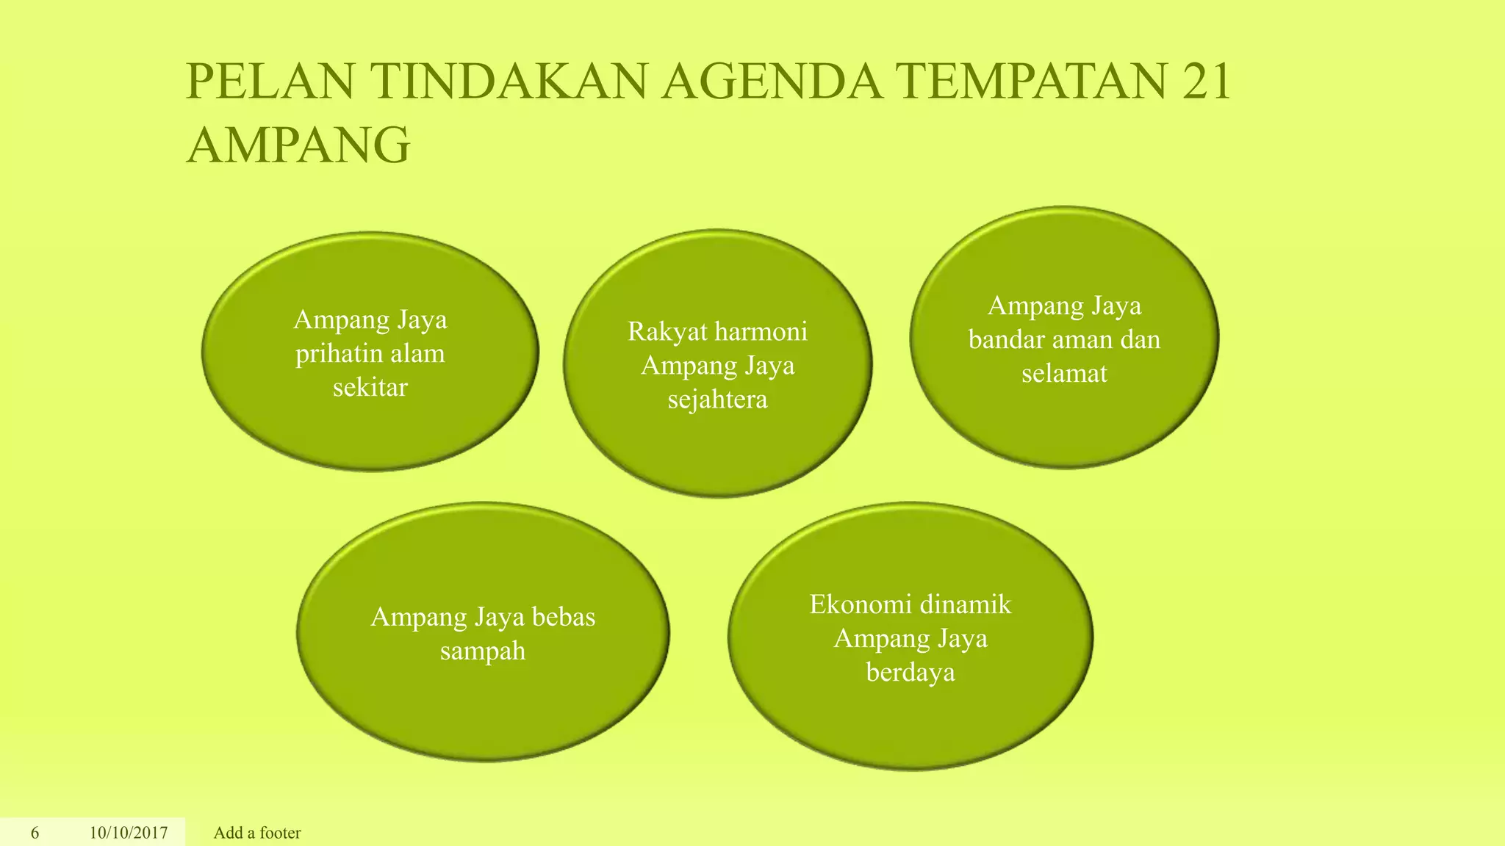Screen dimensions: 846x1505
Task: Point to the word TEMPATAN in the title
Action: (x=1032, y=82)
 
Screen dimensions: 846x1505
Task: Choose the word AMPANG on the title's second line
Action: (x=298, y=145)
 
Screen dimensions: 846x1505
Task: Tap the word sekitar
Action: (x=370, y=387)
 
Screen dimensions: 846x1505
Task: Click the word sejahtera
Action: (x=717, y=399)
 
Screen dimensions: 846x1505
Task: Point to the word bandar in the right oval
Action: (x=1007, y=340)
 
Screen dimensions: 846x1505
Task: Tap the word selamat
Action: (x=1064, y=374)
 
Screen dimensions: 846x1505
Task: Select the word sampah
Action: (x=483, y=651)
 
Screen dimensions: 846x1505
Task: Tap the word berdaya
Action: (x=910, y=673)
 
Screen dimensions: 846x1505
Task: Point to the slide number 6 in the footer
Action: (x=35, y=833)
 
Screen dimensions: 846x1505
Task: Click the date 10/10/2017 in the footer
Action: (x=129, y=833)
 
